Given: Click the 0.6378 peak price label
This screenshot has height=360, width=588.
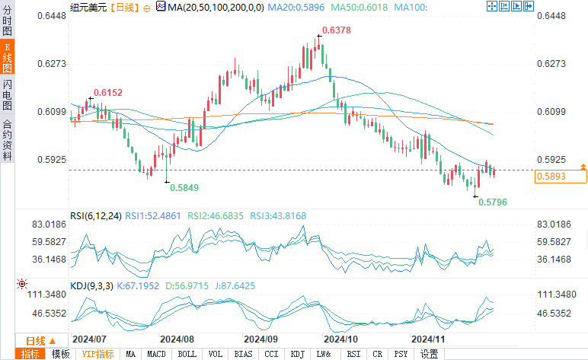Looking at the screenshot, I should tap(337, 30).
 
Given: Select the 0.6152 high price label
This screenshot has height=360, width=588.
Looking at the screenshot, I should tap(108, 92).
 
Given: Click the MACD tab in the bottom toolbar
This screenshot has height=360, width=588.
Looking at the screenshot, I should tap(156, 354).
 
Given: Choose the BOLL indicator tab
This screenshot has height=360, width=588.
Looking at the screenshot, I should tap(186, 354).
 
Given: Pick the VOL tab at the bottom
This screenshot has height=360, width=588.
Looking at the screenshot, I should tap(216, 354).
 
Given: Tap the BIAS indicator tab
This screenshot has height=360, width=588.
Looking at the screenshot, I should tap(244, 354).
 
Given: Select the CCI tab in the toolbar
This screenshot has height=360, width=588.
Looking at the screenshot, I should tap(271, 354).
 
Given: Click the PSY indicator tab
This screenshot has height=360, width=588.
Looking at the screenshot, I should tap(401, 354).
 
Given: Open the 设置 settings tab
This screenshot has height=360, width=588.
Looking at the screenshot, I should tap(429, 354).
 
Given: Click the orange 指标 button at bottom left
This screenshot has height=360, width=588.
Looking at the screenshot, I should tap(31, 354).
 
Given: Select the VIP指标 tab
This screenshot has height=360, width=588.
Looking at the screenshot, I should tap(97, 354).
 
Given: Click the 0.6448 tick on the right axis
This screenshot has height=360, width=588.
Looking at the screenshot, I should tap(553, 15).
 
